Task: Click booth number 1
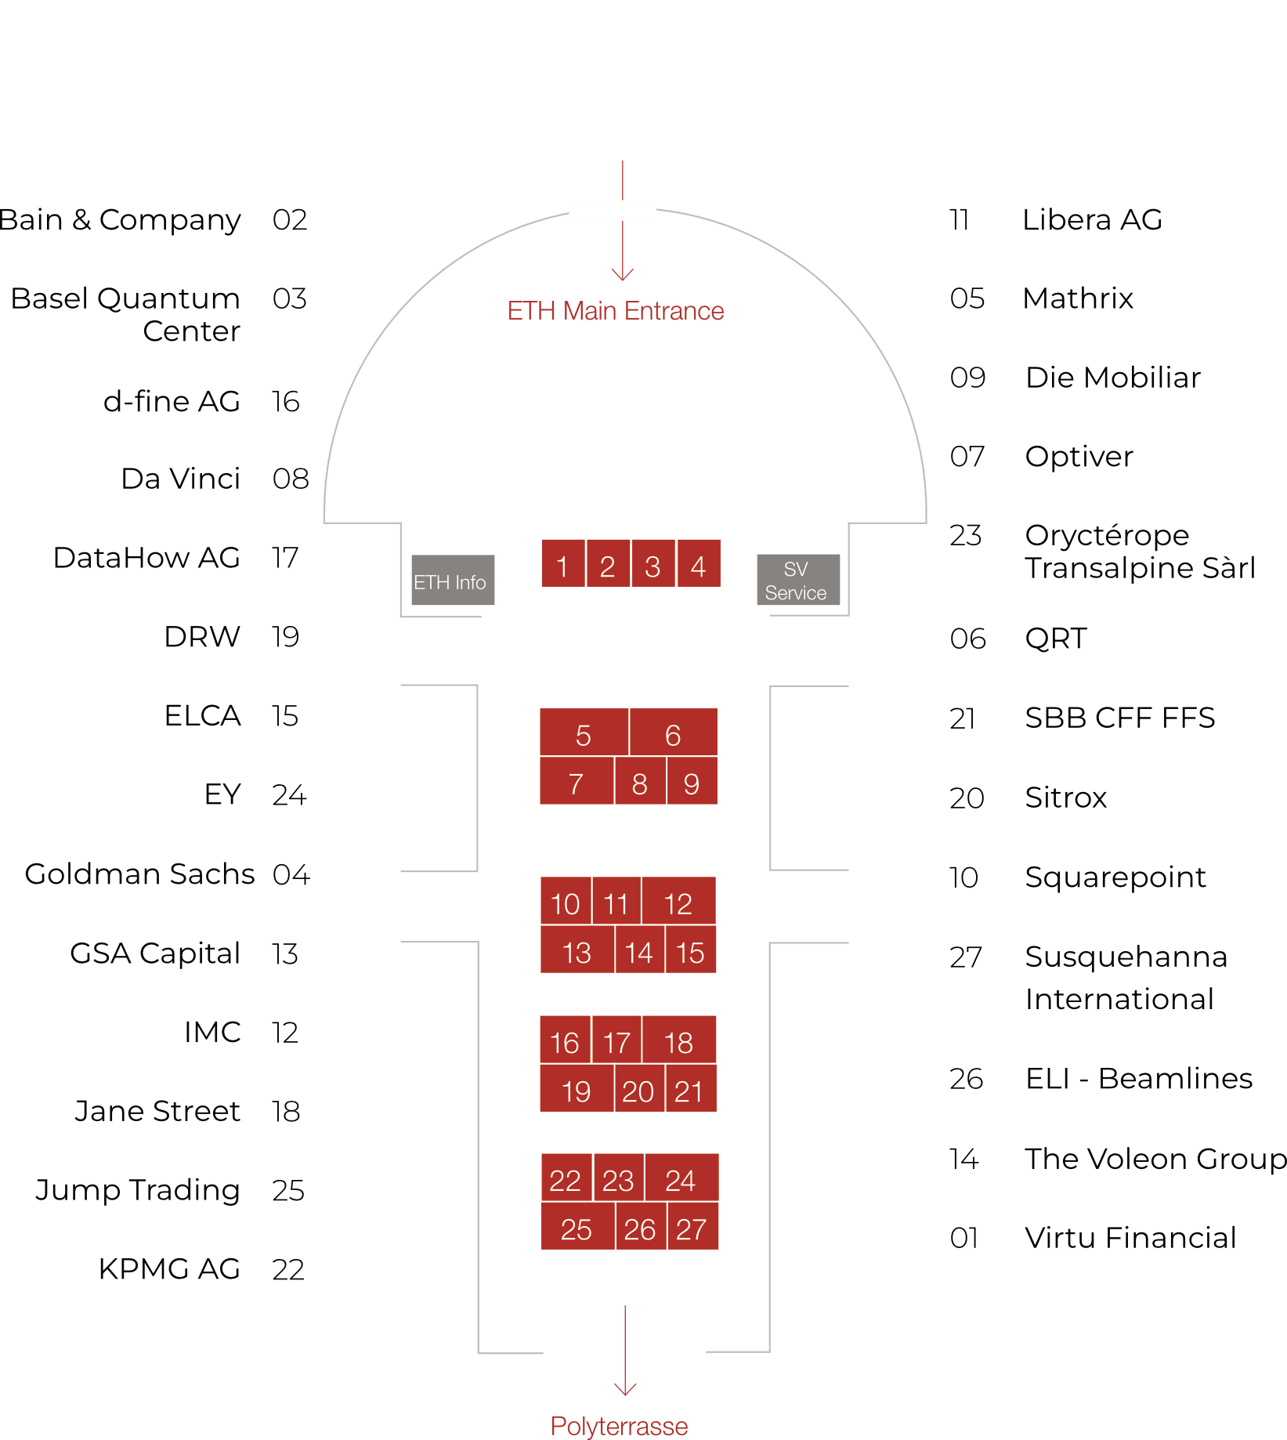pos(562,564)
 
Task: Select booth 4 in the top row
pos(699,564)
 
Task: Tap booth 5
pos(584,733)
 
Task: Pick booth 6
pos(674,733)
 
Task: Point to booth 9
pos(692,781)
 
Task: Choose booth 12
pos(678,901)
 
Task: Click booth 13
pos(577,950)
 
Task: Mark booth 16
pos(565,1040)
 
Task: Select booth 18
pos(679,1040)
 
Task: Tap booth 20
pos(638,1089)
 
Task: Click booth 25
pos(577,1227)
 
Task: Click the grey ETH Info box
pos(453,581)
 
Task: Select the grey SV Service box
pos(797,581)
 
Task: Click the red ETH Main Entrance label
pos(616,311)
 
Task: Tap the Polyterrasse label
pos(619,1425)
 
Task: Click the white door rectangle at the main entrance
pos(613,210)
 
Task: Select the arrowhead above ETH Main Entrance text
pos(623,274)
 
